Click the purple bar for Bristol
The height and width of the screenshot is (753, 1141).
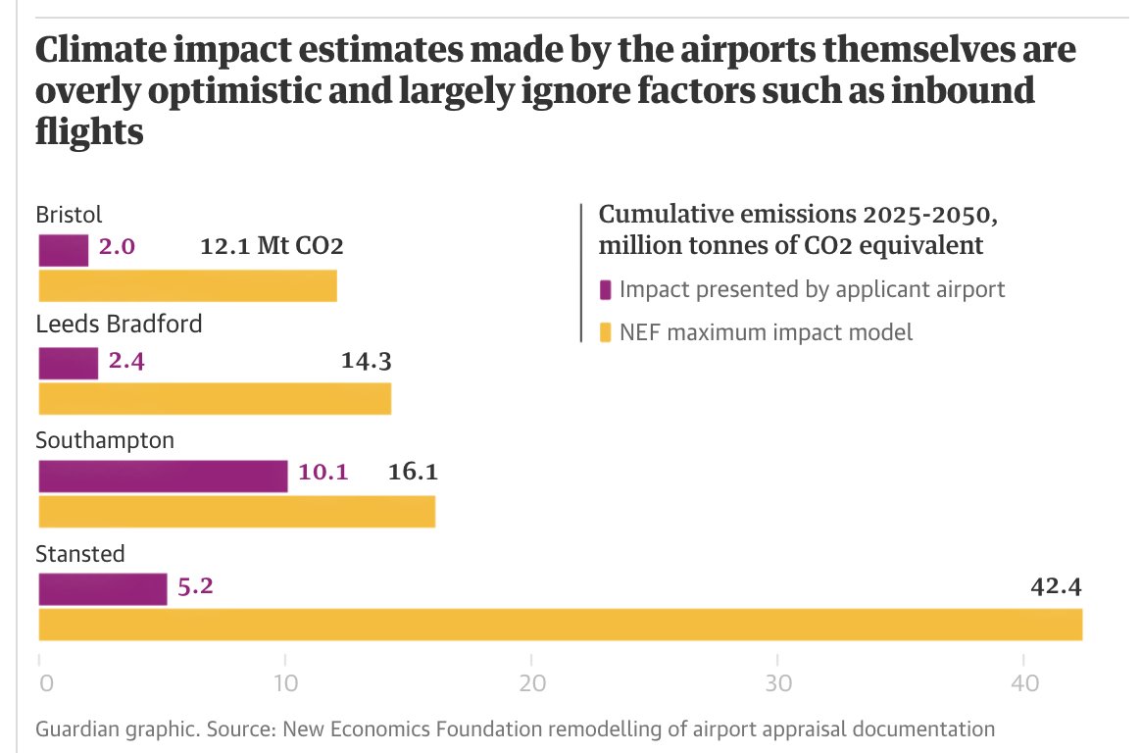point(64,251)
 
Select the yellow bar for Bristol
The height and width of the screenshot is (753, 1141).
point(187,285)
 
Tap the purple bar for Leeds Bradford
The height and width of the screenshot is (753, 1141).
point(69,364)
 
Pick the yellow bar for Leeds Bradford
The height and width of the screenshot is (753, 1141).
point(215,399)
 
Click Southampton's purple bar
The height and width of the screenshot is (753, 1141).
point(163,477)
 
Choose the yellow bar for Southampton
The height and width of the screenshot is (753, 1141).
point(236,512)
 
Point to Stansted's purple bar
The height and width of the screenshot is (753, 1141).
point(103,589)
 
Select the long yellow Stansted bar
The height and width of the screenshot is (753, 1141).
point(560,625)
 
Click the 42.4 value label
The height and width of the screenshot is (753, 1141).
point(1056,587)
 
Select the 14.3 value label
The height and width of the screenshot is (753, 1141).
point(367,361)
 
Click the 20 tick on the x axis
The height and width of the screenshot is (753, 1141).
point(531,682)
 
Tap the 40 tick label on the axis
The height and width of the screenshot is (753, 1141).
point(1023,682)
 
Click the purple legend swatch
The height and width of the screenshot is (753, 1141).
point(605,290)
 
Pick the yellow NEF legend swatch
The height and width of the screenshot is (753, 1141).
point(605,333)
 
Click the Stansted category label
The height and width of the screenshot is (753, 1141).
point(80,554)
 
